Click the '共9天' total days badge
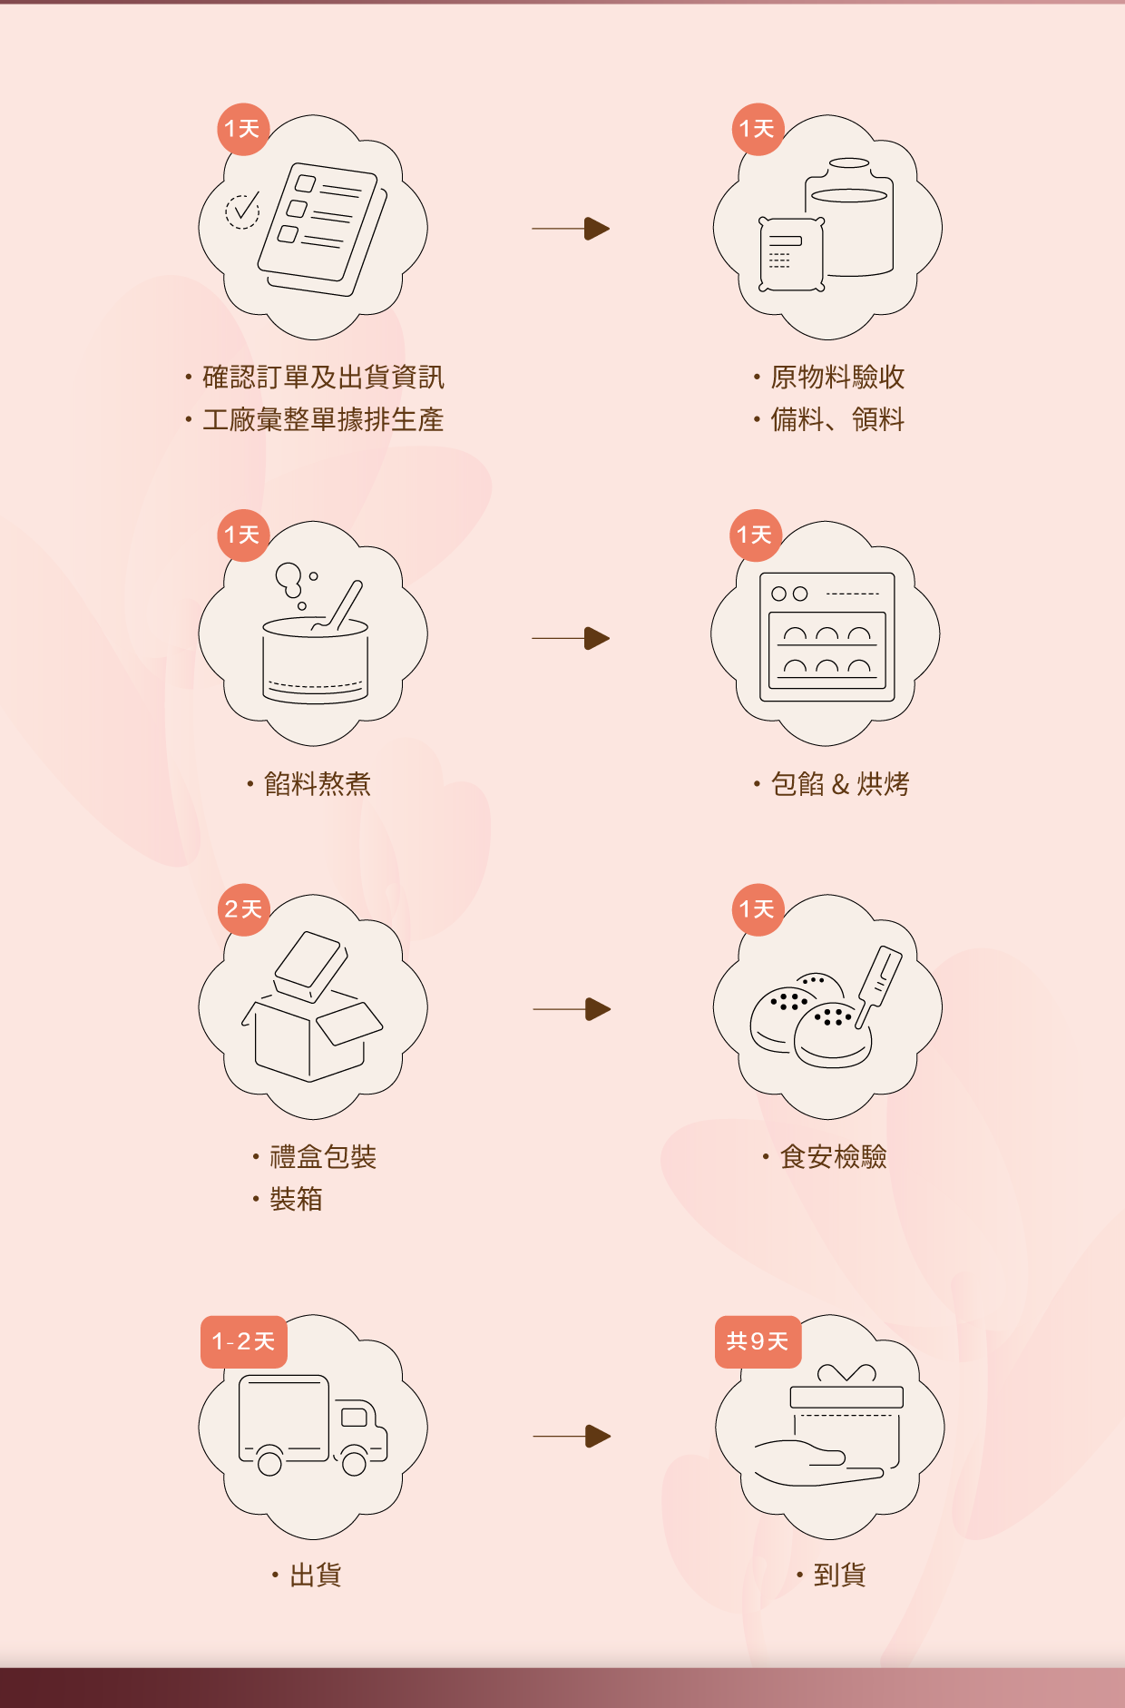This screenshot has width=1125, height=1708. (x=758, y=1340)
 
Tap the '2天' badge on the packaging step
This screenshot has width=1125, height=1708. (x=243, y=909)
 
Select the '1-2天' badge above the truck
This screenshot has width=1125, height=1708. (x=243, y=1341)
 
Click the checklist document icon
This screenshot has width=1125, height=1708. (x=321, y=230)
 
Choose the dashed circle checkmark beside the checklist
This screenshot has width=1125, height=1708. (x=242, y=211)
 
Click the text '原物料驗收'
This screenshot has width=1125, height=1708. (x=836, y=377)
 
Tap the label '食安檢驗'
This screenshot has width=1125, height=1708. (x=833, y=1156)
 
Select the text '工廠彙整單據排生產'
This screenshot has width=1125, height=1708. (x=323, y=419)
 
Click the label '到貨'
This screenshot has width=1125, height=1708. (x=839, y=1575)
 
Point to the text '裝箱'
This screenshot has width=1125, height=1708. (x=296, y=1199)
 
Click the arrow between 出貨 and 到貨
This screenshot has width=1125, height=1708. (x=572, y=1437)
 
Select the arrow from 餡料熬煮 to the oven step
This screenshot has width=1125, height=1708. (x=571, y=638)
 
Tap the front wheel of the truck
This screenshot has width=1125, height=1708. (x=354, y=1461)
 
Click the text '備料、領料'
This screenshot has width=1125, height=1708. (x=836, y=419)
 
